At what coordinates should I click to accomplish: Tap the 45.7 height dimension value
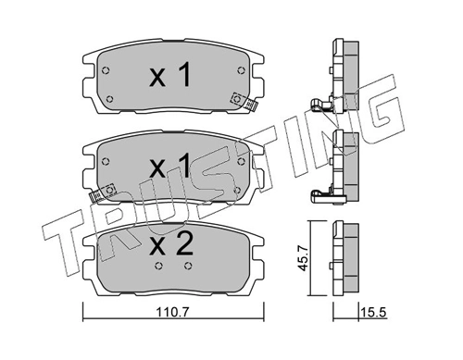(x=303, y=259)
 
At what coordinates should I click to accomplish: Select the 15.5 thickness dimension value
(x=374, y=313)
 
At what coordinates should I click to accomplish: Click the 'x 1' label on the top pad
(x=169, y=74)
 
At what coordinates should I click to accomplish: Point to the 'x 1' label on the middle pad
(x=169, y=166)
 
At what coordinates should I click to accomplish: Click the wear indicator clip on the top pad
(x=244, y=101)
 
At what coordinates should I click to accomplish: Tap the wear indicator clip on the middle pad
(x=102, y=192)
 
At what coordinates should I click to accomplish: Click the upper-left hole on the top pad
(x=106, y=70)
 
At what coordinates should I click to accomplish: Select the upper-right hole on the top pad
(x=241, y=70)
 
